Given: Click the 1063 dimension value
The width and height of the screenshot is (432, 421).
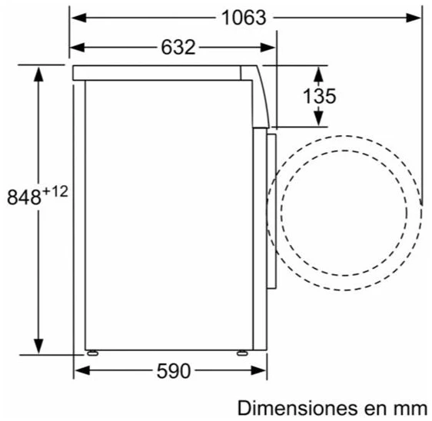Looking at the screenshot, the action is pos(244,18).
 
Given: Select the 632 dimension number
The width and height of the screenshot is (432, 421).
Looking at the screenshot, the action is pos(178,47).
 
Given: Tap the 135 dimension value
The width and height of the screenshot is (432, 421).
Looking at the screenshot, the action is pos(319,96).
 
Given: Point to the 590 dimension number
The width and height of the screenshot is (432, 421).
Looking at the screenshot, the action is pos(174,371).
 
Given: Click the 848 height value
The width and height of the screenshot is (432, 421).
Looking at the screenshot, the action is pos(25,197).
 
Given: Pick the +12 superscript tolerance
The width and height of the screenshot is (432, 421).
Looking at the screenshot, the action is pos(55,191).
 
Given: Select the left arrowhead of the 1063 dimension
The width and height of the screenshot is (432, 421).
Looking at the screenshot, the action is pos(79,18).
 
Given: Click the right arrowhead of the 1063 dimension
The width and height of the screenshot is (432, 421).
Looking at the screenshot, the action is pos(414,18).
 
